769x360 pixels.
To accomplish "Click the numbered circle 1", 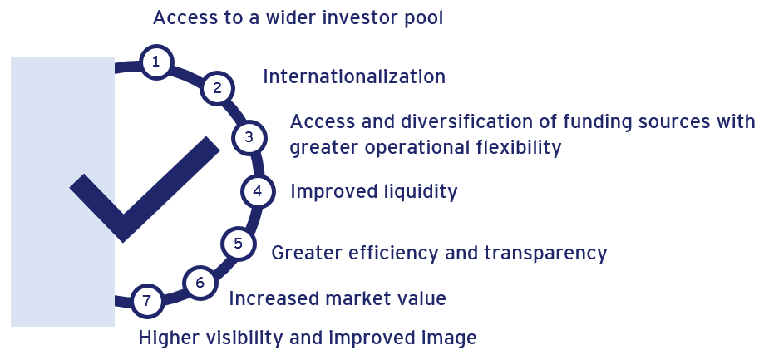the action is pos(156,62).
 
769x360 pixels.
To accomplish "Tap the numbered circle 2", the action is pos(217,88).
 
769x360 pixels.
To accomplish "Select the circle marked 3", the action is pos(249,137).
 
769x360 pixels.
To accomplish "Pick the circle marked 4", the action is pos(258,191).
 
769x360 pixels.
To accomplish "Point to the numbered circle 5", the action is pos(239,244).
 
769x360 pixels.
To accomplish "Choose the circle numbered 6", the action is pos(200,283).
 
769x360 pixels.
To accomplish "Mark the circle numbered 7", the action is pos(146,301).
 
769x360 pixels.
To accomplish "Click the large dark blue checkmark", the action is pos(145,190).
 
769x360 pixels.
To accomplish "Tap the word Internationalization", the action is pos(354,77).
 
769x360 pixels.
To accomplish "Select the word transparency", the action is pos(545,254).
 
